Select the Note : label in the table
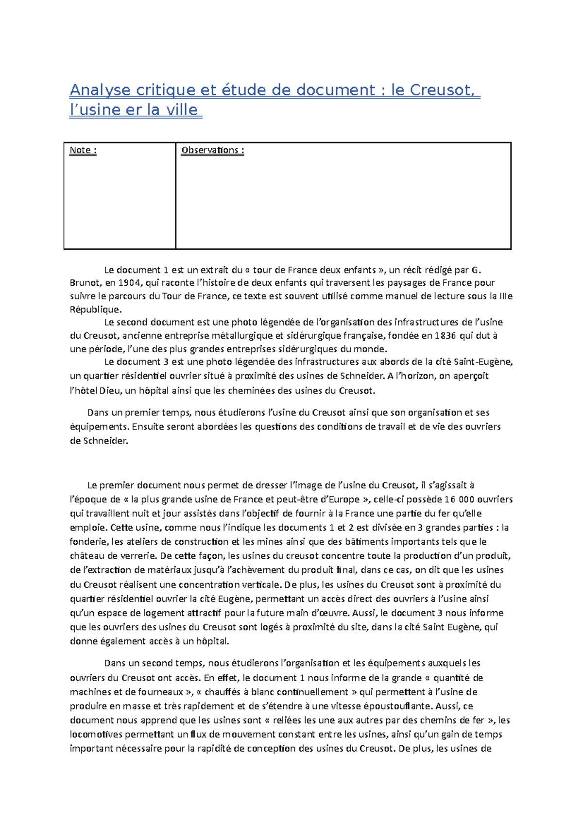click(x=83, y=150)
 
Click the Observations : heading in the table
click(x=212, y=150)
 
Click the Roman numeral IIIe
click(x=506, y=296)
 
